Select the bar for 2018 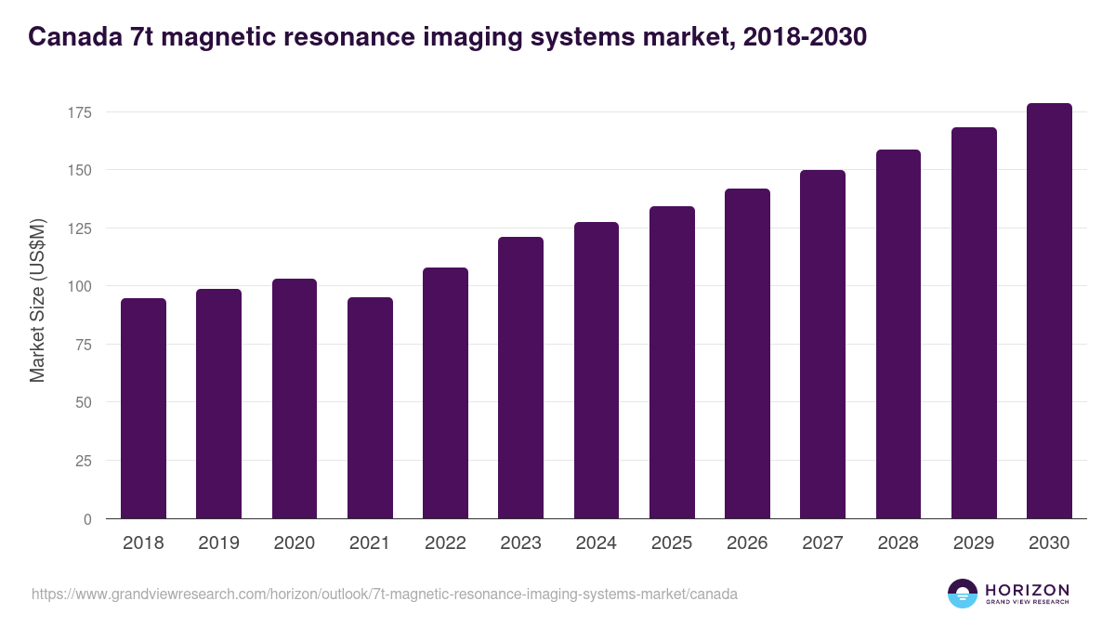[143, 409]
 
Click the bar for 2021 [370, 409]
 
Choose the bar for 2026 [747, 354]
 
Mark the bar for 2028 [899, 334]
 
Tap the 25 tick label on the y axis [84, 461]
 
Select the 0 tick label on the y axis [87, 519]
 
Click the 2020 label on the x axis [295, 543]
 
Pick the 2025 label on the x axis [672, 543]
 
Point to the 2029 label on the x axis [974, 543]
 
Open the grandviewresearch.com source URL [385, 594]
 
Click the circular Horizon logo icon [963, 594]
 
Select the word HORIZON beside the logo [1027, 590]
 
